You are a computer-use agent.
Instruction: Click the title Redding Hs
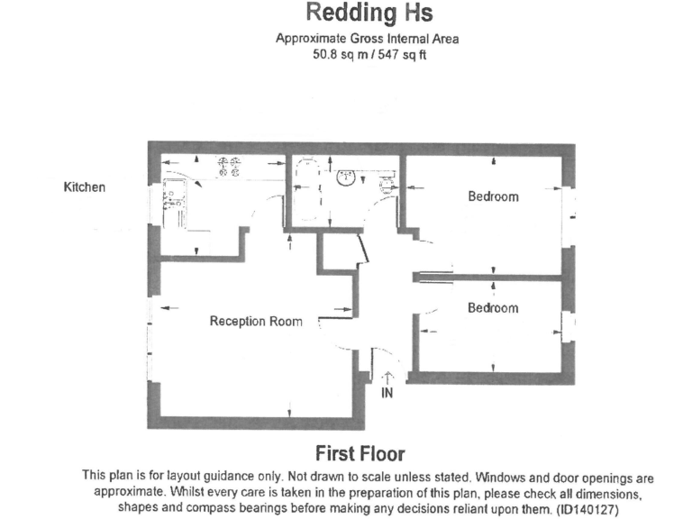pos(369,14)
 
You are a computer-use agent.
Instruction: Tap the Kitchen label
pos(85,187)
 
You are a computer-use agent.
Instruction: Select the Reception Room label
pos(256,321)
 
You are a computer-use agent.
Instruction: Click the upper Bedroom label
pos(494,196)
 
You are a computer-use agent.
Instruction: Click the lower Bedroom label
pos(493,307)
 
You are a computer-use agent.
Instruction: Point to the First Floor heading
pos(360,454)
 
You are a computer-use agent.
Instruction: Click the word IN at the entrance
pos(387,393)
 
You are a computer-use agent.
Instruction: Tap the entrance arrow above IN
pos(387,378)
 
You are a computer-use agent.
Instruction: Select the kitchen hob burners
pos(230,167)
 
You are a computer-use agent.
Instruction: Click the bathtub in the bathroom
pos(307,189)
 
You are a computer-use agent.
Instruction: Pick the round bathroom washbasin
pos(346,178)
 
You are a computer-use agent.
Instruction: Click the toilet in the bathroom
pos(388,184)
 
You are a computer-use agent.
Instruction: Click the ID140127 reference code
pos(587,510)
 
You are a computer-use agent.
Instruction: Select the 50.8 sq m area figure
pos(339,55)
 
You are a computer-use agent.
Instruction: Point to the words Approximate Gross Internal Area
pos(368,39)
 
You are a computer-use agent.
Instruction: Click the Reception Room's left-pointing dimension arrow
pos(169,307)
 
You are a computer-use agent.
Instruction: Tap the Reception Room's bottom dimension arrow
pos(289,409)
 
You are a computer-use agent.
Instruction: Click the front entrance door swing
pos(388,357)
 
